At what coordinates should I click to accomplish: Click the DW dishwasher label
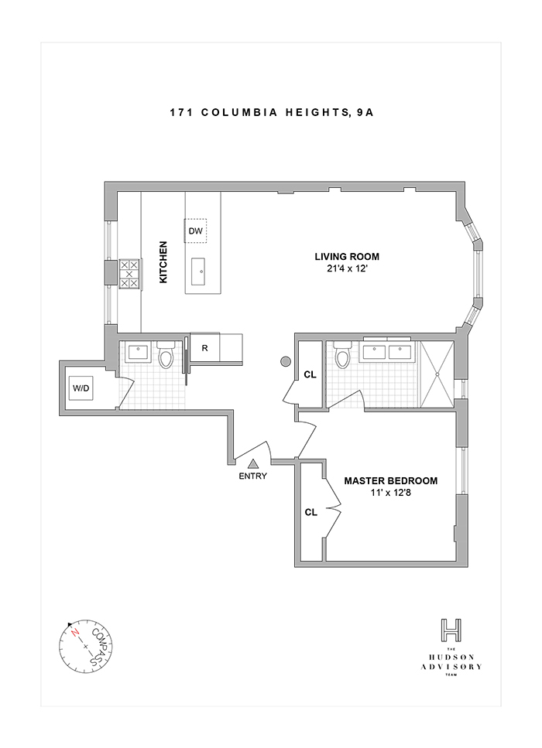pyautogui.click(x=195, y=231)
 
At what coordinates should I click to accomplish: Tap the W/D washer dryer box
pyautogui.click(x=81, y=388)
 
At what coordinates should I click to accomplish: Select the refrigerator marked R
pyautogui.click(x=204, y=347)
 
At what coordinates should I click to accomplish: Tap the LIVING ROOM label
pyautogui.click(x=346, y=257)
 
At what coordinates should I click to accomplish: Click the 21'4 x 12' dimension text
pyautogui.click(x=346, y=270)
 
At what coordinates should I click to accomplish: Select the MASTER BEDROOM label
pyautogui.click(x=391, y=480)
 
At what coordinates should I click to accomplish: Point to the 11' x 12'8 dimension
pyautogui.click(x=391, y=493)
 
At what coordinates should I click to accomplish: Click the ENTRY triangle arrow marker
pyautogui.click(x=253, y=463)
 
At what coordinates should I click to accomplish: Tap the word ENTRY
pyautogui.click(x=253, y=476)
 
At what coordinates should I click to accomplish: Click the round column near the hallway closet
pyautogui.click(x=286, y=360)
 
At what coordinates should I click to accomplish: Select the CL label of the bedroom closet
pyautogui.click(x=311, y=512)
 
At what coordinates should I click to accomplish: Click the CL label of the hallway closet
pyautogui.click(x=310, y=374)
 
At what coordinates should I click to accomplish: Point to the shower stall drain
pyautogui.click(x=437, y=374)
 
